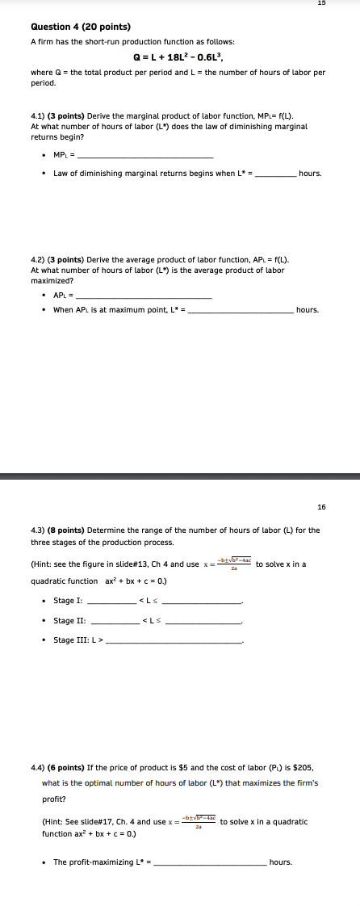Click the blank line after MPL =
(x=145, y=156)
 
